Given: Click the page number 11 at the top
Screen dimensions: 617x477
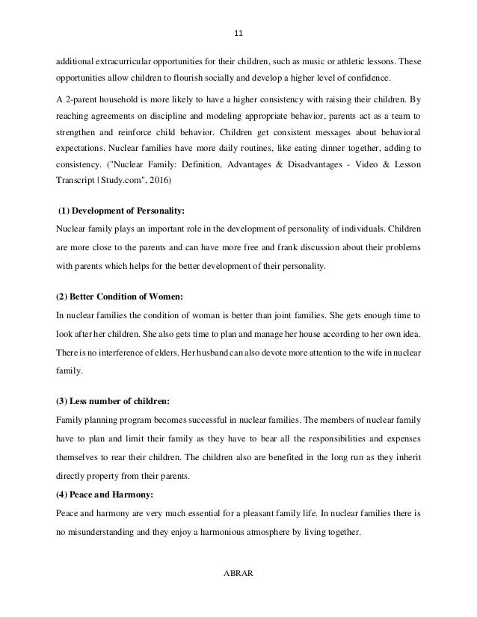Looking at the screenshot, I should pyautogui.click(x=238, y=33).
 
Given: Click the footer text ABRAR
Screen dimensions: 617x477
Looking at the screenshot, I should pyautogui.click(x=238, y=574).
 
